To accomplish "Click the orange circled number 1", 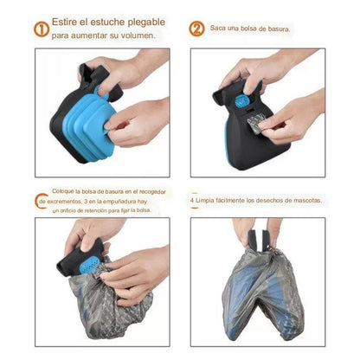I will (x=41, y=29).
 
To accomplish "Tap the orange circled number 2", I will (x=196, y=29).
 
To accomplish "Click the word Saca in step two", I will (x=221, y=29).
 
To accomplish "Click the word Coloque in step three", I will (x=64, y=192).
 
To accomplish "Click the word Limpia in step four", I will (x=210, y=201).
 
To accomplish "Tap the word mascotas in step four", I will (x=303, y=201).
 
